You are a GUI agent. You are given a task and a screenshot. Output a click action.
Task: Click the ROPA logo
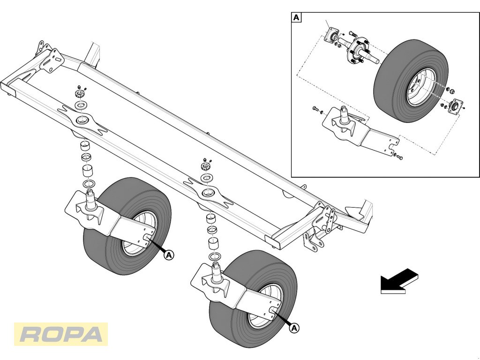click(61, 334)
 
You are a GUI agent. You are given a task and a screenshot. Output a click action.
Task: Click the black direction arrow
click(399, 281)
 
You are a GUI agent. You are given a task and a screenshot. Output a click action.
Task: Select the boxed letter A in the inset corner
click(296, 17)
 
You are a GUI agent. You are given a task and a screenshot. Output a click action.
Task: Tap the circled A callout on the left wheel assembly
click(169, 255)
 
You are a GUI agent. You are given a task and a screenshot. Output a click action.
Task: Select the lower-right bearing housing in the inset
click(456, 106)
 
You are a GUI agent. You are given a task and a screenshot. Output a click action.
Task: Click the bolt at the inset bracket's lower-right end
click(398, 157)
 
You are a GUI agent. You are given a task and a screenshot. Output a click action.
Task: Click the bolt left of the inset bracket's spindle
click(316, 109)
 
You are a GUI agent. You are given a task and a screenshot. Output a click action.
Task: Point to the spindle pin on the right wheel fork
click(216, 272)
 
